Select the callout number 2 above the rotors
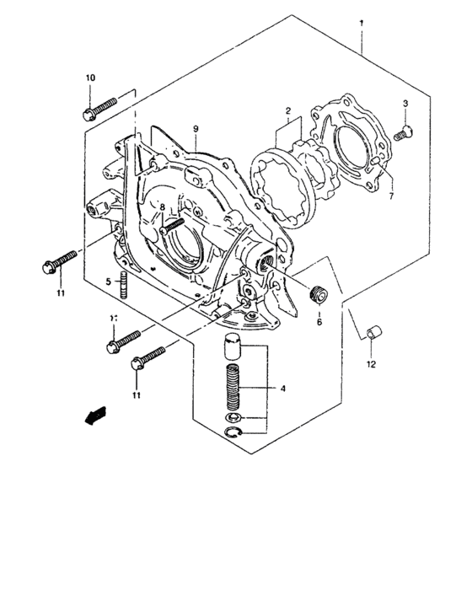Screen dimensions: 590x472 (287, 110)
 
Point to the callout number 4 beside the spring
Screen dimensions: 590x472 (283, 389)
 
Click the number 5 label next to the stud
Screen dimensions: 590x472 (109, 281)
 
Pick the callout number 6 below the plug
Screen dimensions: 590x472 (319, 321)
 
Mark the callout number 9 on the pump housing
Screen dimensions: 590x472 (196, 128)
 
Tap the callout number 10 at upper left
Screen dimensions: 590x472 (90, 78)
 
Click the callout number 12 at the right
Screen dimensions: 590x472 (371, 365)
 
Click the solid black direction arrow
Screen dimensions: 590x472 (95, 414)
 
